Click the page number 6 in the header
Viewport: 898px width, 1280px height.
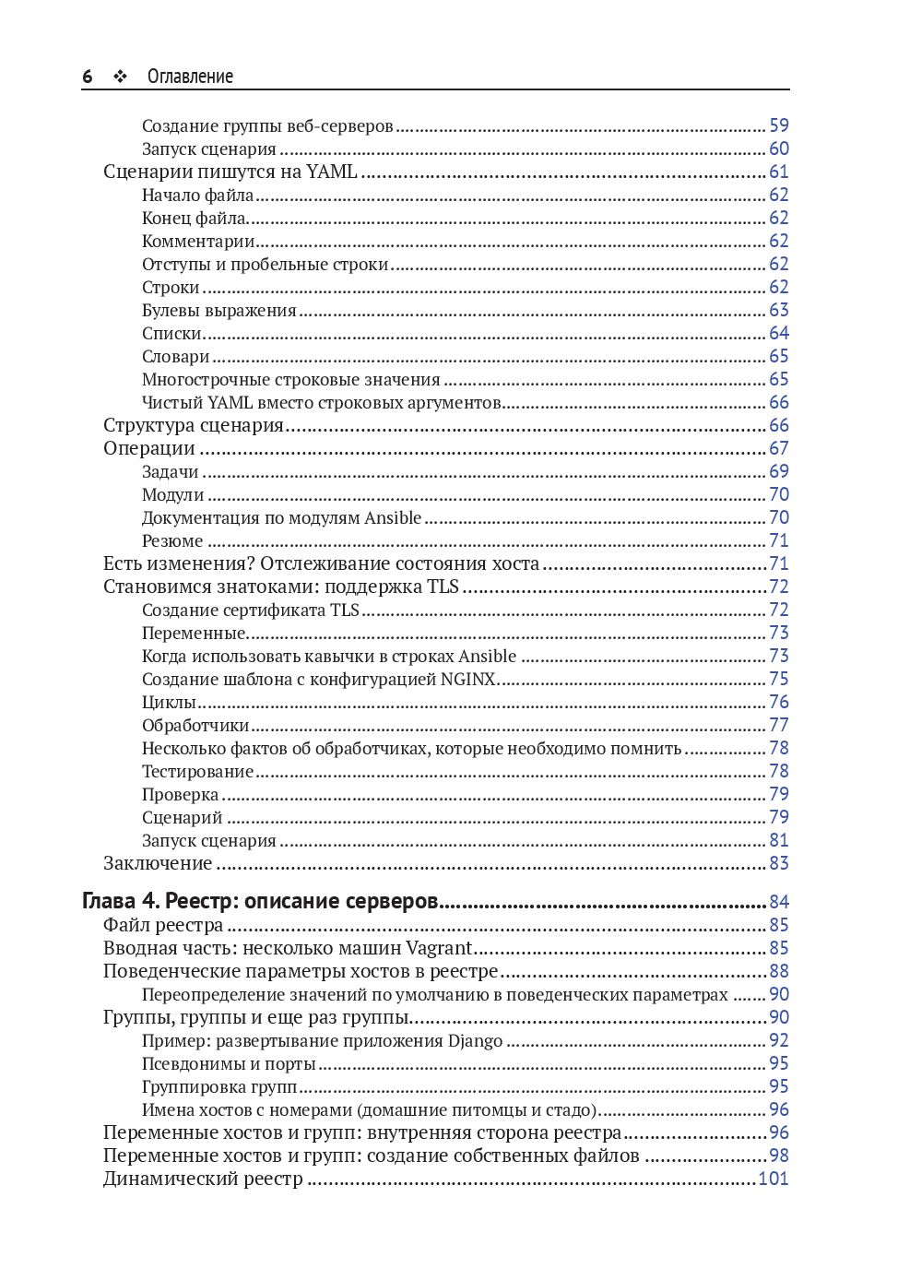88,77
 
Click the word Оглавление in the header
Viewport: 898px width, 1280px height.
190,77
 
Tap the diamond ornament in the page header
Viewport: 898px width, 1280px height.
120,77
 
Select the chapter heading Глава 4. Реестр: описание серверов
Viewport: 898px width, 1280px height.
260,901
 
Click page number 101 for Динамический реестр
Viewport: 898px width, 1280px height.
773,1179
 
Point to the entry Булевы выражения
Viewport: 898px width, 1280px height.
219,310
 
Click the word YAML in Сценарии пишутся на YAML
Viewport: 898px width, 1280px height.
331,172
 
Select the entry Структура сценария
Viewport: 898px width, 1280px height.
194,425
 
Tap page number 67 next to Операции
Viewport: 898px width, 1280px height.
779,448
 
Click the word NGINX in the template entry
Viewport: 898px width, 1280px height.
468,679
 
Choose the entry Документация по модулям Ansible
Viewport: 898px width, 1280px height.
281,517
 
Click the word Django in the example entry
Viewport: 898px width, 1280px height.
475,1040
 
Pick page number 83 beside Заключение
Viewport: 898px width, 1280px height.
779,863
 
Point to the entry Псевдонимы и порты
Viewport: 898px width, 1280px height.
229,1063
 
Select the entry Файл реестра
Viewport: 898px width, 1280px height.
163,925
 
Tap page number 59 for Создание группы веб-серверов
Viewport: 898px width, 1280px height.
779,125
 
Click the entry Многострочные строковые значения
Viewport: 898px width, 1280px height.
290,379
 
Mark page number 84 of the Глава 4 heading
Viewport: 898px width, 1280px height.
779,902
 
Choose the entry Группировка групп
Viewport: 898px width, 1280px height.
219,1086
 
